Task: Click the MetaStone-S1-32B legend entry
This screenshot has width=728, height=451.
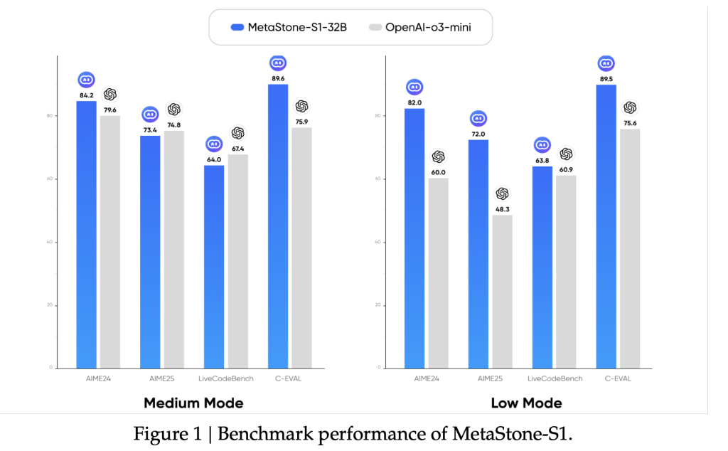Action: [x=289, y=28]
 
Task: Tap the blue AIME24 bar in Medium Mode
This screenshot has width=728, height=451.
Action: [x=86, y=235]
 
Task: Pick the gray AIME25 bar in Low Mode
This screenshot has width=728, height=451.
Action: [x=502, y=292]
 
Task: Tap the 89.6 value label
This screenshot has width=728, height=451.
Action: [x=278, y=78]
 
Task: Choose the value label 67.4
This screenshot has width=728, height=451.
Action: [x=237, y=148]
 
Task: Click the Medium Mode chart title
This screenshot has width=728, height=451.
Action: [x=193, y=403]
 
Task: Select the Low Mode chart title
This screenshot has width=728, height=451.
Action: [x=526, y=403]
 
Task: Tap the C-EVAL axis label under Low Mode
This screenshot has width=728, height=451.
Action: [x=618, y=378]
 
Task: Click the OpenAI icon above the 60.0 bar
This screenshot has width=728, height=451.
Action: [x=438, y=156]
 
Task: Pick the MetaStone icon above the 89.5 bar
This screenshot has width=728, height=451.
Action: [x=606, y=64]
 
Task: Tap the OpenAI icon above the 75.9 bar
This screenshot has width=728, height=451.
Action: [x=301, y=106]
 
